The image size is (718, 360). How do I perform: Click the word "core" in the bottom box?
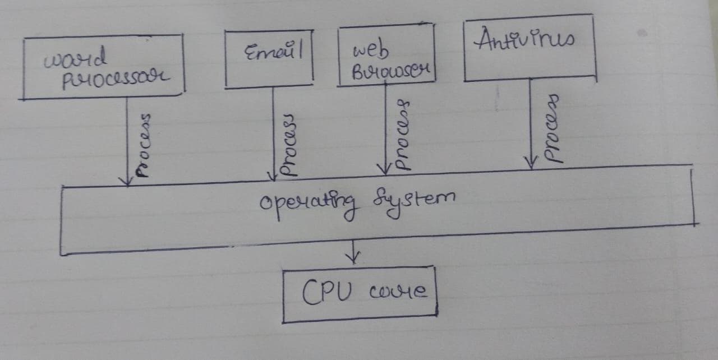click(x=399, y=292)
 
